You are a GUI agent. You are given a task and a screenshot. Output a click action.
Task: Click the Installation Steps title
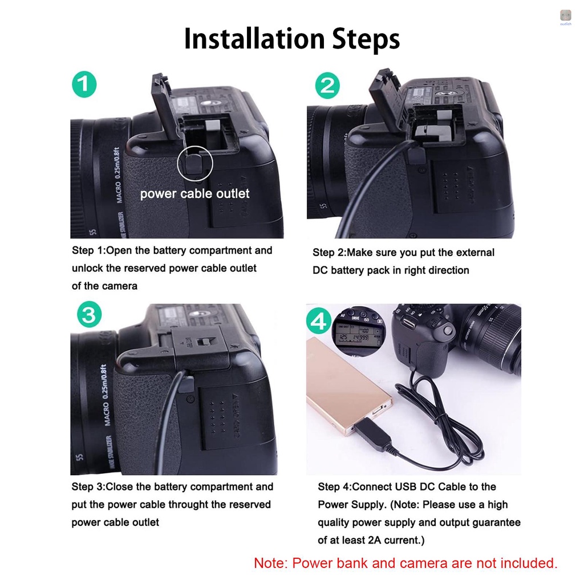291,39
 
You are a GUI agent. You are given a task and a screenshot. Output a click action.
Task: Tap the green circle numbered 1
84,86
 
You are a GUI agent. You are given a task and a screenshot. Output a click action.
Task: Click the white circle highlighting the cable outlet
194,164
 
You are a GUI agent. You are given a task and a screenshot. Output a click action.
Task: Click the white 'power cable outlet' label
194,194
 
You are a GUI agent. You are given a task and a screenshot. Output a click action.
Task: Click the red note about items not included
405,563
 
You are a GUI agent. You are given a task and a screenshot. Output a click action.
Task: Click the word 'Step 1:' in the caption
88,250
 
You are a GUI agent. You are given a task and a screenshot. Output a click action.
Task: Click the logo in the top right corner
566,17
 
